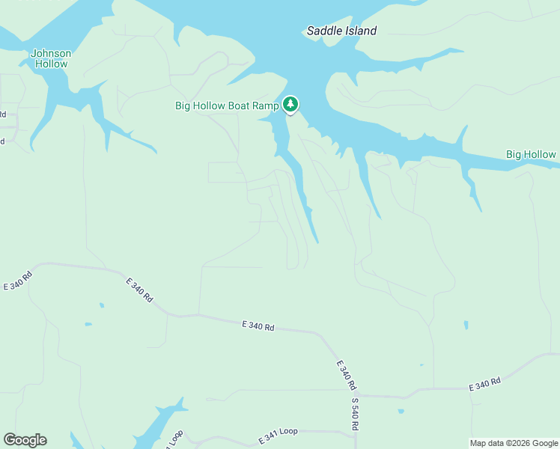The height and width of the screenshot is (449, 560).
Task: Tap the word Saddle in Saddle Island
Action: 323,31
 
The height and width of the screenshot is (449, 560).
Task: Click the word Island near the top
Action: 360,31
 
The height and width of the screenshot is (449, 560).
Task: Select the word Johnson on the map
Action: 51,53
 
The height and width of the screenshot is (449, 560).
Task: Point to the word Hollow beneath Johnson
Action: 51,64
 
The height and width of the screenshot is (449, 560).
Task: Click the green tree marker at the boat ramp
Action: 290,104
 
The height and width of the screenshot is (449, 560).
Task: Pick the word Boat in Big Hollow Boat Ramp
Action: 239,106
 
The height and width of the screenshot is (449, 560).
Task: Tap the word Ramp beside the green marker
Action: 266,106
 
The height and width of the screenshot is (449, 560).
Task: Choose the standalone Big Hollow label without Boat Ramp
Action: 531,155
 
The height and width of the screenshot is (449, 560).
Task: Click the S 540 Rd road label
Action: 355,413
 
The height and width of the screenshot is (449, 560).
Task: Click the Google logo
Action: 25,440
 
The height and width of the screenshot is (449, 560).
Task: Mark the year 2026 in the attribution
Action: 523,443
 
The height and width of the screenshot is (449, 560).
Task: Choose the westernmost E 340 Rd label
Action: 18,281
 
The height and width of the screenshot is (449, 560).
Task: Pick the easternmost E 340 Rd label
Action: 484,384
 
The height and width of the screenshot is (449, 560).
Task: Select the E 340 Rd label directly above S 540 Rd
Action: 345,374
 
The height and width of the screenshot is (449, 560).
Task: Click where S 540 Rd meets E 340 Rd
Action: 359,394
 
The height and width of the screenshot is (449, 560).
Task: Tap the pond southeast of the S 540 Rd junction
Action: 401,411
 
